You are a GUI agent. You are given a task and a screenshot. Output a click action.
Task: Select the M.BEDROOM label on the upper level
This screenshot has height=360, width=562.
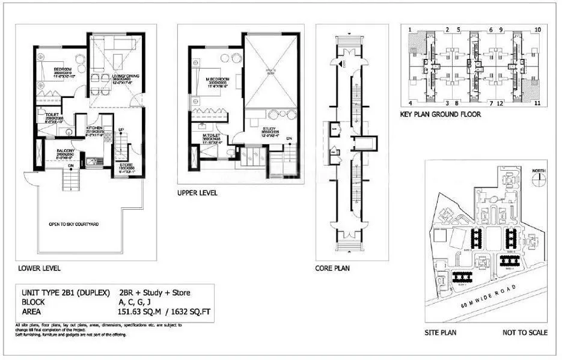tap(215, 79)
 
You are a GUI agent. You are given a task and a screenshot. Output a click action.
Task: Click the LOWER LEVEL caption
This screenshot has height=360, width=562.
tap(39, 269)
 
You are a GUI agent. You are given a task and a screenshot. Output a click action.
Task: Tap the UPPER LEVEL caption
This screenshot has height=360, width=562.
tap(197, 193)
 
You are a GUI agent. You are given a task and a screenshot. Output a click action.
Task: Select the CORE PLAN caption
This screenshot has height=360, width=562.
tap(332, 269)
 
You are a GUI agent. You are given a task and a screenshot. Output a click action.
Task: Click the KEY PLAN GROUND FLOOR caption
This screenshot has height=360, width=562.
tap(440, 114)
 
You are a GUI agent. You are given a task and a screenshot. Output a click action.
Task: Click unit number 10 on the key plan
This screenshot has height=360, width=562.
tap(537, 29)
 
